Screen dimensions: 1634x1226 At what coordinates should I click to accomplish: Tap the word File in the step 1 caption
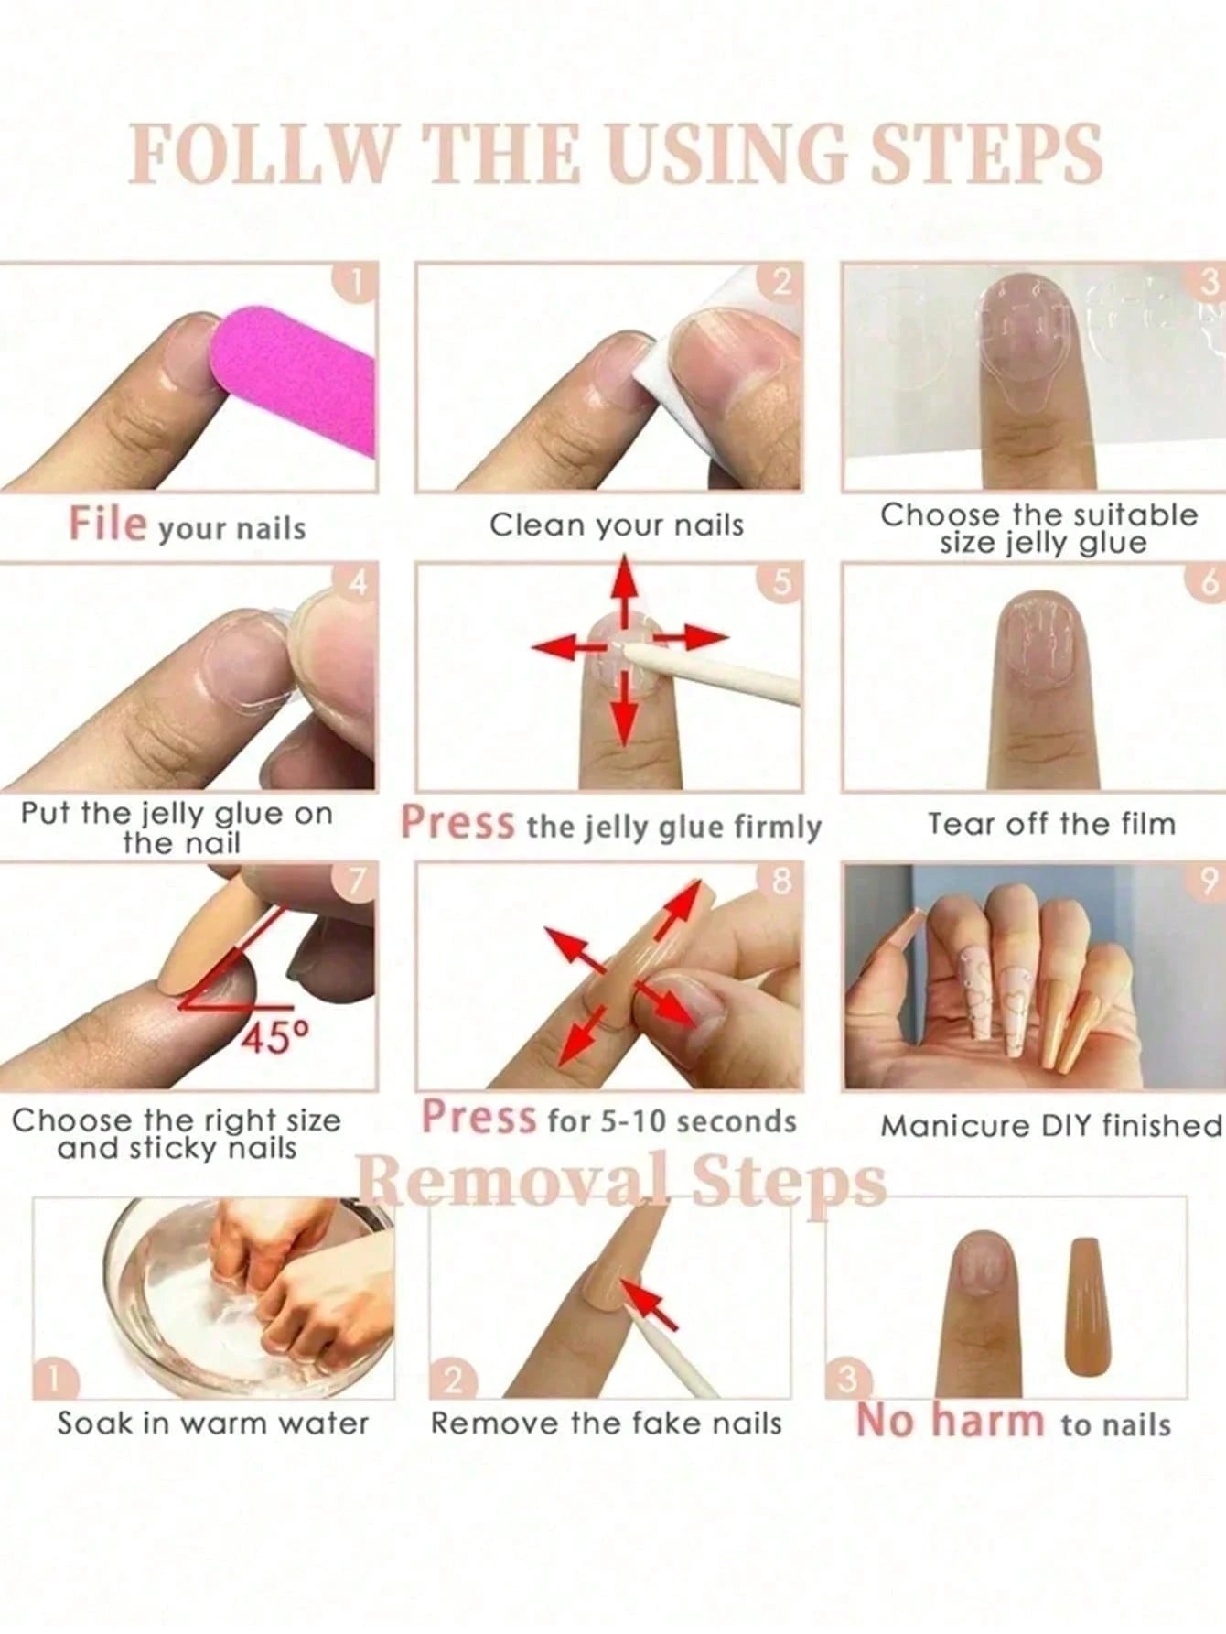click(x=107, y=524)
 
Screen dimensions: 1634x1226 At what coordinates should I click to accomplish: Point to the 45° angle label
click(x=275, y=1037)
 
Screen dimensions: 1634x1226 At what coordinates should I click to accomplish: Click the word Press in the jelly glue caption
click(x=457, y=822)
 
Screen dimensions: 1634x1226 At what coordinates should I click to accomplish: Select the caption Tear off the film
click(x=1051, y=824)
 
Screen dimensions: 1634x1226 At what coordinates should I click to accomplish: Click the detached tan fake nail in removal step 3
click(x=1087, y=1304)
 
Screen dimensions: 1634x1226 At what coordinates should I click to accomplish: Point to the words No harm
click(x=950, y=1422)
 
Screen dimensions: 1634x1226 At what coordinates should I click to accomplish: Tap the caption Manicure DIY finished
click(x=1051, y=1125)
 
